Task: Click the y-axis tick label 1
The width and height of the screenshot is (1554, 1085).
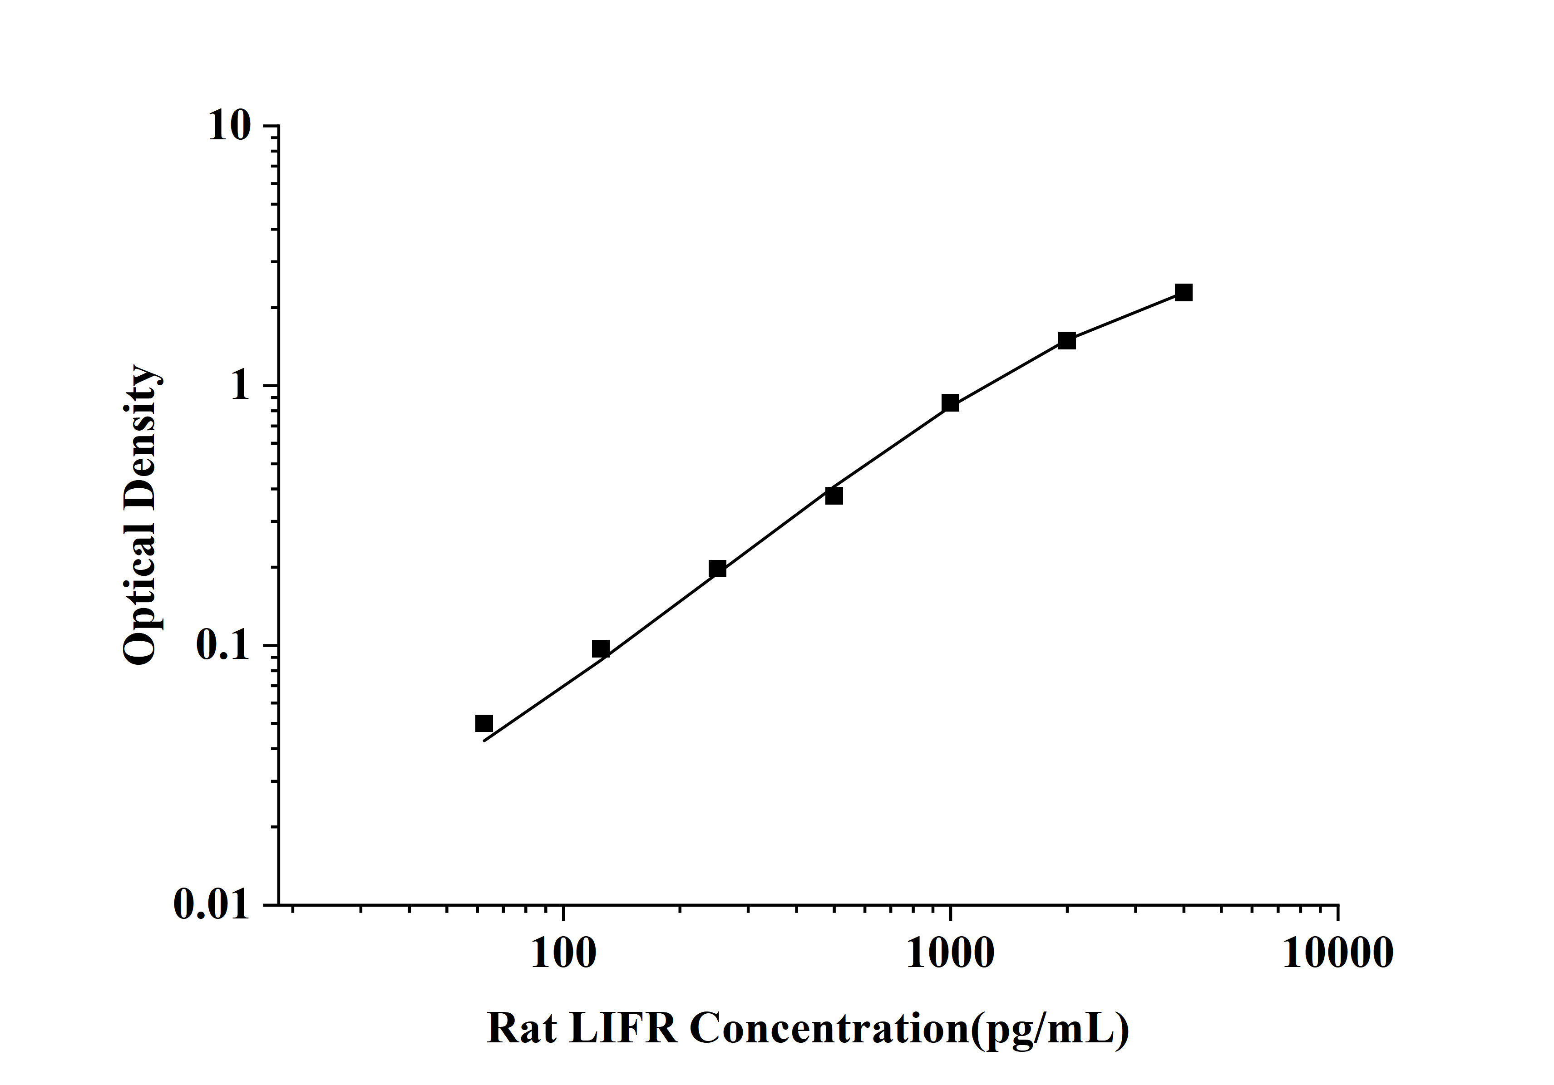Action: click(240, 386)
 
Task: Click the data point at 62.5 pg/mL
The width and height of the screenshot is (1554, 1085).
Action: click(484, 723)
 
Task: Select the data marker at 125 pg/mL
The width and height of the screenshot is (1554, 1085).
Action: click(600, 649)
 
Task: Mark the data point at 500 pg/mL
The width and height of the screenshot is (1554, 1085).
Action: click(834, 496)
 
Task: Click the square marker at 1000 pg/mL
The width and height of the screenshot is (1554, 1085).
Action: click(950, 403)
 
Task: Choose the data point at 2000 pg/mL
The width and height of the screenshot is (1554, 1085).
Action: click(1067, 340)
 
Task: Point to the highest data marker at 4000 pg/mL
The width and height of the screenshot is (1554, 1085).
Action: click(1183, 292)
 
